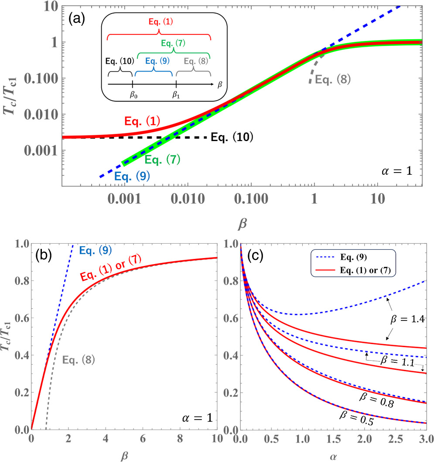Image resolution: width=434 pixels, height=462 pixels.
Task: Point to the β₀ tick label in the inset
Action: (x=133, y=95)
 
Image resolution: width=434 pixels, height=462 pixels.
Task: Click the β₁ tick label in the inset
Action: (x=175, y=95)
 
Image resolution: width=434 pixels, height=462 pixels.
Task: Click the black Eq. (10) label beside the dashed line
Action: (x=232, y=138)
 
